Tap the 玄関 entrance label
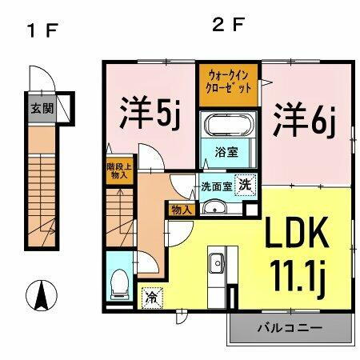point(42,108)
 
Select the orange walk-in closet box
point(229,81)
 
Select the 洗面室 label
point(216,186)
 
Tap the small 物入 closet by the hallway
point(181,210)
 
